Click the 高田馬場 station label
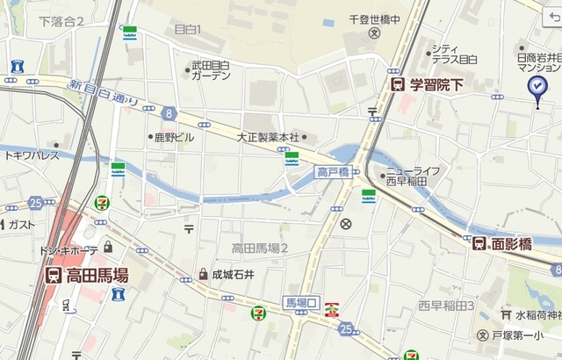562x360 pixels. pos(96,276)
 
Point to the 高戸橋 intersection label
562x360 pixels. pos(334,172)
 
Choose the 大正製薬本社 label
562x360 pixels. pos(268,138)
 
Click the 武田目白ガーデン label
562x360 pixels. pos(211,70)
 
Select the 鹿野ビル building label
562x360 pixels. pos(173,138)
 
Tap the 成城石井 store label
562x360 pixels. pos(232,274)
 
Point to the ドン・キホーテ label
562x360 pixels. pos(70,250)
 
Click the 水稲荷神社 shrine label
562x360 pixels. pos(537,313)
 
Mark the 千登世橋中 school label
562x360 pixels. pos(373,18)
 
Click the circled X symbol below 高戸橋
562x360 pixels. pos(346,224)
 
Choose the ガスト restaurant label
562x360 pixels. pos(22,224)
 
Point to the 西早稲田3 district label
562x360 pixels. pos(446,306)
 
